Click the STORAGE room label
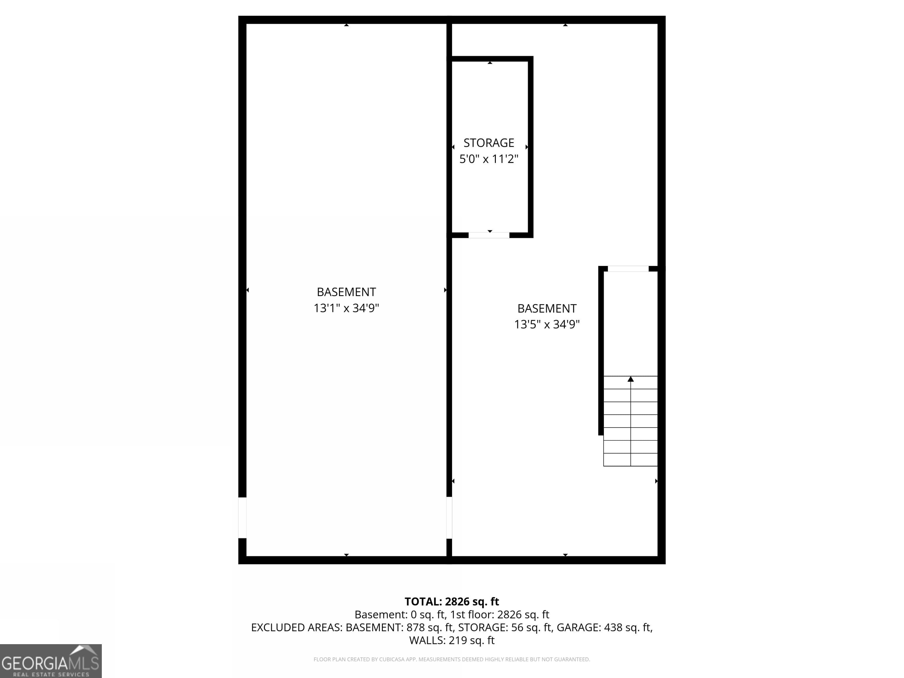tap(488, 143)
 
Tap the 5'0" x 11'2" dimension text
tap(488, 159)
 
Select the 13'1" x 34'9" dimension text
tap(346, 308)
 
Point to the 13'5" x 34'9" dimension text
tap(546, 325)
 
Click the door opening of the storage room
tap(489, 235)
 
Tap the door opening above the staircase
tap(628, 268)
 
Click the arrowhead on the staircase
tap(631, 379)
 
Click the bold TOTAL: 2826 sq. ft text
tap(452, 601)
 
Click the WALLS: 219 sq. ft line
tap(452, 640)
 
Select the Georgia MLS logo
tap(51, 661)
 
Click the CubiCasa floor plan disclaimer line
tap(452, 659)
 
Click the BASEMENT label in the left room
tap(346, 292)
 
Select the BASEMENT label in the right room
tap(546, 309)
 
